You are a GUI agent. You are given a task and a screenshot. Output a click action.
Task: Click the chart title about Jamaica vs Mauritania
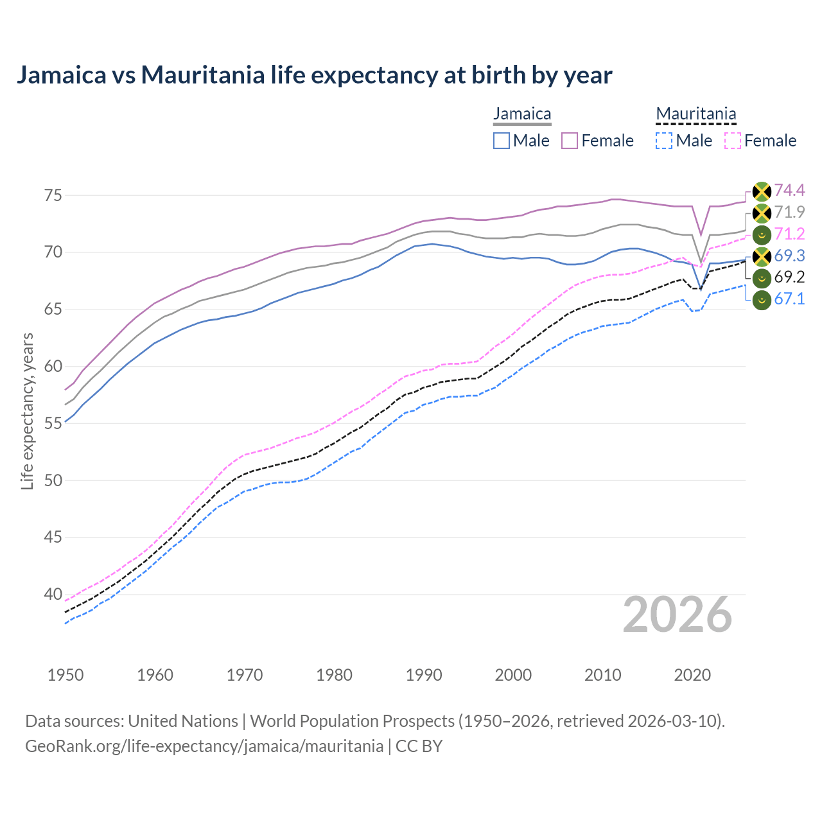pyautogui.click(x=314, y=75)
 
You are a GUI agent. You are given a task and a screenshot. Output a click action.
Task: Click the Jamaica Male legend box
pyautogui.click(x=502, y=141)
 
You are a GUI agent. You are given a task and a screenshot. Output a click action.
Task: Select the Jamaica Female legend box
pyautogui.click(x=570, y=141)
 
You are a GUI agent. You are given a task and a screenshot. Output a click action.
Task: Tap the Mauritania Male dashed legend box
pyautogui.click(x=664, y=141)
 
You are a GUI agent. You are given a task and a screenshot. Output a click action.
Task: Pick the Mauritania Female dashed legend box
pyautogui.click(x=733, y=141)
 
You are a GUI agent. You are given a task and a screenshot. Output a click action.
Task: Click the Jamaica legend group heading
pyautogui.click(x=522, y=114)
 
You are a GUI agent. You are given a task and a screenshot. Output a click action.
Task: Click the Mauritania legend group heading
pyautogui.click(x=695, y=114)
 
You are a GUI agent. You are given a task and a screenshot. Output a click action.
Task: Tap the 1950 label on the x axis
pyautogui.click(x=66, y=675)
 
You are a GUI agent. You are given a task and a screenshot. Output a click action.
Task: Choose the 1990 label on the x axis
pyautogui.click(x=424, y=675)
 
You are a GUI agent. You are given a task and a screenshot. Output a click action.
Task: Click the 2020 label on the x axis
pyautogui.click(x=692, y=675)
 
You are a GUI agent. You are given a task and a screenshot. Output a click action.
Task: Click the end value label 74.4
pyautogui.click(x=789, y=190)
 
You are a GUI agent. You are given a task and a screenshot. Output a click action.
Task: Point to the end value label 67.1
pyautogui.click(x=789, y=299)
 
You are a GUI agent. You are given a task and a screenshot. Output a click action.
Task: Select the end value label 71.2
pyautogui.click(x=789, y=234)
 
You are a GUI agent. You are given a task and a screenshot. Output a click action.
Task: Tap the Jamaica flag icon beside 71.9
pyautogui.click(x=762, y=213)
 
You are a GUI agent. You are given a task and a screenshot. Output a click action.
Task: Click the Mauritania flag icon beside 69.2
pyautogui.click(x=762, y=278)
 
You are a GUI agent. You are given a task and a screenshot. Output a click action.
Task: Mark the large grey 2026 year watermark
pyautogui.click(x=677, y=615)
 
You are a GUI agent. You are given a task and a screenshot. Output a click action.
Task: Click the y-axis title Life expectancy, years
pyautogui.click(x=28, y=411)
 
